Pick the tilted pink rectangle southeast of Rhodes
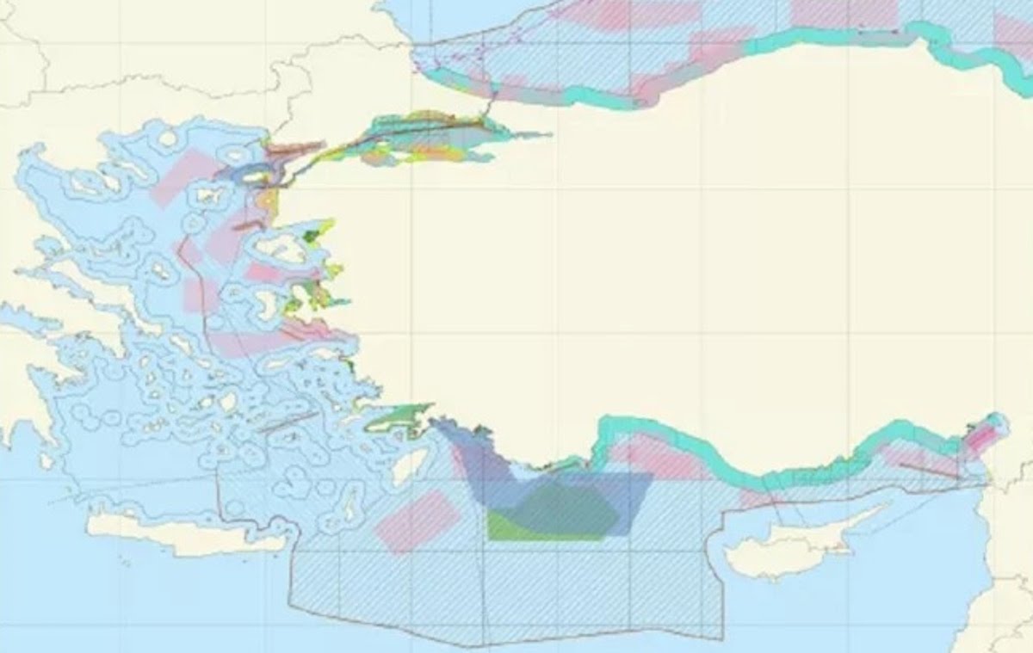point(418,521)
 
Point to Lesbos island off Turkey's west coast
point(279,249)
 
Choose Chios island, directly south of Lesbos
point(291,301)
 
